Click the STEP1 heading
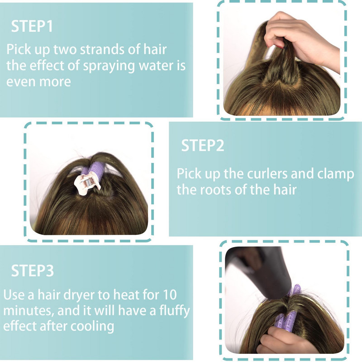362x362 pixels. coord(32,26)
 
